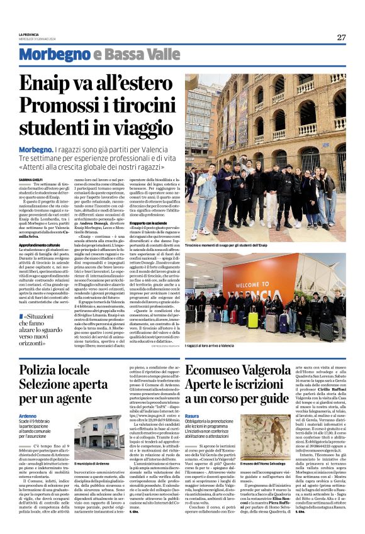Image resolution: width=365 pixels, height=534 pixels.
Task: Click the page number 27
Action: click(x=341, y=37)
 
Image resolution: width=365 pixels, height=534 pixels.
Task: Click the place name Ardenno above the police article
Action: click(x=28, y=416)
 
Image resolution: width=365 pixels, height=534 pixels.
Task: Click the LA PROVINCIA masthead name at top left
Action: click(x=29, y=34)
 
